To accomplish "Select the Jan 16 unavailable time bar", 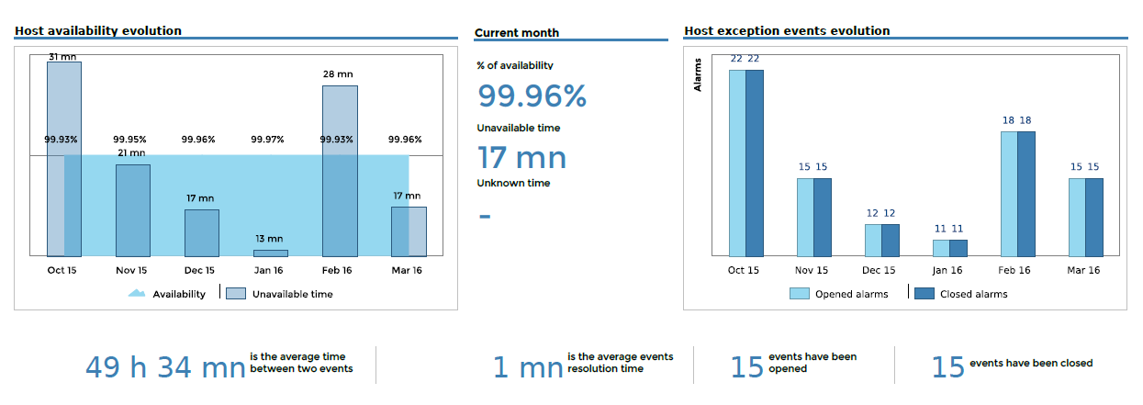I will tap(271, 253).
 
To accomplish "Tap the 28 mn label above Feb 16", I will tap(339, 74).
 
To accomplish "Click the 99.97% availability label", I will tap(268, 140).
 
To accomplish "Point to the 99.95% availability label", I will tap(131, 140).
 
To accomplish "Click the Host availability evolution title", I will tap(98, 30).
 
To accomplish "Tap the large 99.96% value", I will tap(532, 96).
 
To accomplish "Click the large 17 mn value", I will tap(521, 158).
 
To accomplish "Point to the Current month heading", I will tap(517, 33).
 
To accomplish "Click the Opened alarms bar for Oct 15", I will tap(737, 163).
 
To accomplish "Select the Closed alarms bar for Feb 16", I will tap(1026, 194).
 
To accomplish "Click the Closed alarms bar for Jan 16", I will tap(958, 248).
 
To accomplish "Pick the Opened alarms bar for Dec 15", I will tap(873, 240).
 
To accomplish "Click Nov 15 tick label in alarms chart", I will tap(811, 270).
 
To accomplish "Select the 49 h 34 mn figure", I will tap(165, 367).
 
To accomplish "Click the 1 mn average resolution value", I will tap(528, 367).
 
